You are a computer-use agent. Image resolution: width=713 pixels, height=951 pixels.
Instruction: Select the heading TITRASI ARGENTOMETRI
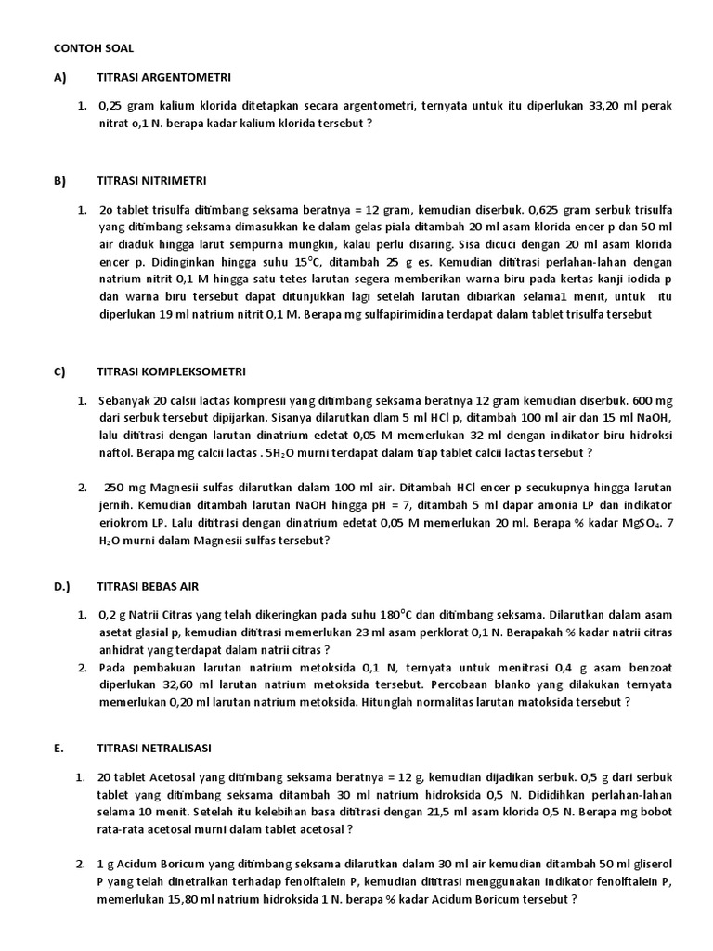163,76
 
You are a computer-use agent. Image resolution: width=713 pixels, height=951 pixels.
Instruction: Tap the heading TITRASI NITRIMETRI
151,180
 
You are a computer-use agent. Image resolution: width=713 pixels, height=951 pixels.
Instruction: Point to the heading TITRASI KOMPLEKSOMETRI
171,371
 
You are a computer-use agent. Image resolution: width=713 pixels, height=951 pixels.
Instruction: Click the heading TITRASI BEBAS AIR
148,587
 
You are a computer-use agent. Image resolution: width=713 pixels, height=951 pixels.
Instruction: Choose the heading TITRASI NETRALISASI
154,748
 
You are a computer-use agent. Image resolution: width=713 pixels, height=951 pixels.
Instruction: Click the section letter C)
59,371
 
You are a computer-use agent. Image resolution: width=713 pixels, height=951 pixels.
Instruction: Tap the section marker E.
58,748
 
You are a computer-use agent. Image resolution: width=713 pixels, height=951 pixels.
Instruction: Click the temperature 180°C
403,615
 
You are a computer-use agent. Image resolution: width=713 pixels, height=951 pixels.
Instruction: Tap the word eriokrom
124,523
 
